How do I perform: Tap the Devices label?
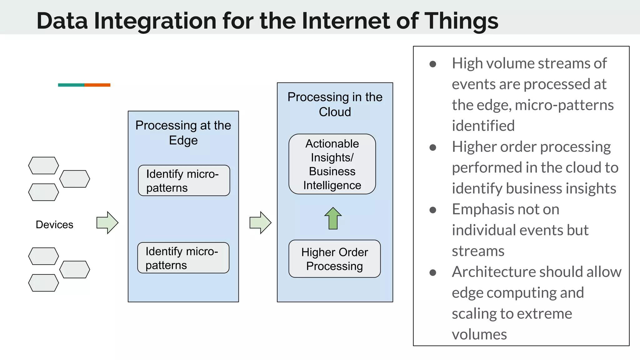pyautogui.click(x=54, y=225)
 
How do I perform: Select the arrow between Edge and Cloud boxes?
pyautogui.click(x=260, y=222)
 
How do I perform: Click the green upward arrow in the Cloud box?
pyautogui.click(x=333, y=218)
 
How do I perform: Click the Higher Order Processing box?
pyautogui.click(x=334, y=259)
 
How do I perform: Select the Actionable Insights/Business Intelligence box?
pyautogui.click(x=332, y=164)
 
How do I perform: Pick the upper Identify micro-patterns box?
pyautogui.click(x=184, y=181)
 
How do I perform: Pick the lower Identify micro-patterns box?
pyautogui.click(x=183, y=258)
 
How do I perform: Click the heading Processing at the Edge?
pyautogui.click(x=183, y=132)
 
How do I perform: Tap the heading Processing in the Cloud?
pyautogui.click(x=335, y=104)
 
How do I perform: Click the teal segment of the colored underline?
pyautogui.click(x=71, y=85)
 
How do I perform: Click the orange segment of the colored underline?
pyautogui.click(x=97, y=85)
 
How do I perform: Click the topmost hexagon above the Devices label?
pyautogui.click(x=43, y=166)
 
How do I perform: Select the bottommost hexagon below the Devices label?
pyautogui.click(x=43, y=283)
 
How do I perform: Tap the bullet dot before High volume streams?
pyautogui.click(x=433, y=64)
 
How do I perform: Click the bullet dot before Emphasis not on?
pyautogui.click(x=433, y=210)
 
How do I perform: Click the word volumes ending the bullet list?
pyautogui.click(x=479, y=334)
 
